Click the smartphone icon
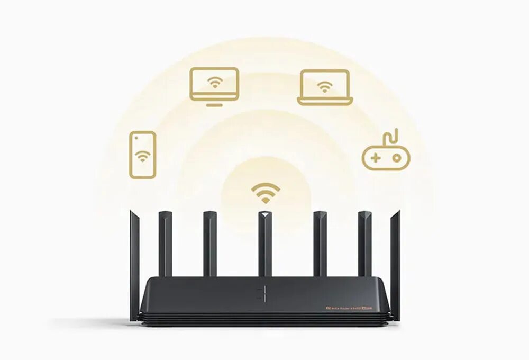(143, 155)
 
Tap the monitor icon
(214, 84)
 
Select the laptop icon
(325, 87)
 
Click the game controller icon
(386, 157)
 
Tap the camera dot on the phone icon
(137, 137)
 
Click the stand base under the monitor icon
(214, 104)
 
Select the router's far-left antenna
(134, 265)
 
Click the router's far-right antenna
(395, 265)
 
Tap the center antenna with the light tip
(265, 244)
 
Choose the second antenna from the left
(165, 244)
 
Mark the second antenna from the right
(364, 244)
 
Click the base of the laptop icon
(325, 102)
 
